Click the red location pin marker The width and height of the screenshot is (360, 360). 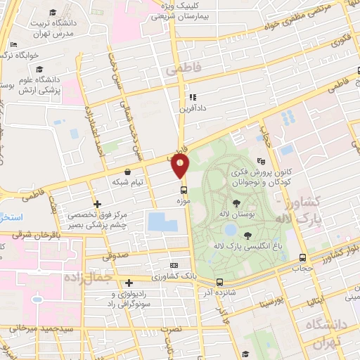(181, 166)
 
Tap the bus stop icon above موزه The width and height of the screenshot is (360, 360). (184, 190)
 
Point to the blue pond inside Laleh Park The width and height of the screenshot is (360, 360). (230, 229)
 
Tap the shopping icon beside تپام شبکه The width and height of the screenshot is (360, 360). (127, 172)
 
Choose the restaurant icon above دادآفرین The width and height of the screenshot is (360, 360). (191, 98)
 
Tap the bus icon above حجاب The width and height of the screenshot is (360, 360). (302, 257)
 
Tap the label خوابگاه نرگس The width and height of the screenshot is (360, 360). (31, 54)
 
